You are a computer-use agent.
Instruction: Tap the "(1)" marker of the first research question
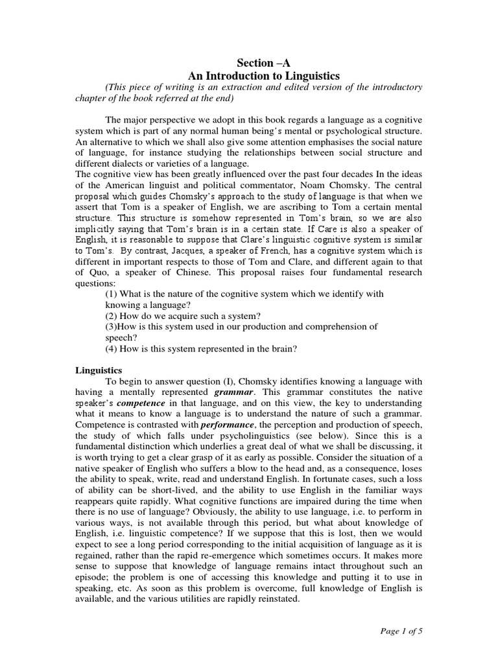click(x=112, y=294)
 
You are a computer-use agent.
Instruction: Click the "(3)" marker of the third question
click(x=112, y=327)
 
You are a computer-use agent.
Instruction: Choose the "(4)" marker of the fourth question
click(x=112, y=349)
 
